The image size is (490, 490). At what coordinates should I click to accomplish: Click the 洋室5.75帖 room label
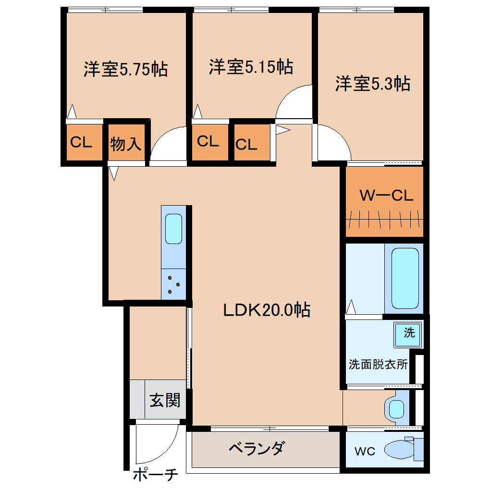[x=125, y=69]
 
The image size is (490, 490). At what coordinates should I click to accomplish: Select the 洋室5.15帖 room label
[x=251, y=67]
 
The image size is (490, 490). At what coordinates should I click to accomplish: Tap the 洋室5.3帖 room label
[x=372, y=84]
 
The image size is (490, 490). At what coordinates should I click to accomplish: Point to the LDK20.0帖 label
[x=267, y=310]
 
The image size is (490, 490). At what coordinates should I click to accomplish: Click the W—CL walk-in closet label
[x=386, y=196]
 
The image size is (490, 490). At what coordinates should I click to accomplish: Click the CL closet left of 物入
[x=81, y=142]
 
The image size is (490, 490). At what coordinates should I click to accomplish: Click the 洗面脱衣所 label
[x=378, y=364]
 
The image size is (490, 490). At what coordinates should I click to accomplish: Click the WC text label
[x=365, y=451]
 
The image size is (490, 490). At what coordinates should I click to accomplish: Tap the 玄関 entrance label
[x=165, y=400]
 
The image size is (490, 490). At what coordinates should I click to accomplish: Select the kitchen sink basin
[x=173, y=229]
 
